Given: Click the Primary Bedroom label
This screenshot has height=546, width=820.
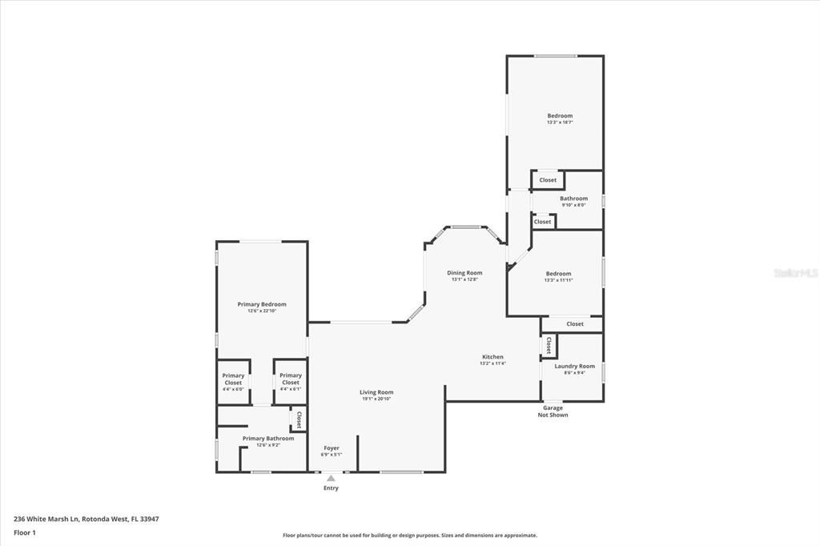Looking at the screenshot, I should pos(262,304).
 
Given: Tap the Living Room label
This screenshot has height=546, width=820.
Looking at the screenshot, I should pos(376,392).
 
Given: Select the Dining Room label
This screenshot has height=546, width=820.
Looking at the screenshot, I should pos(464,273).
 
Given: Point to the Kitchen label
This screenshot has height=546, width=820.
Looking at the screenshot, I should pos(492,356).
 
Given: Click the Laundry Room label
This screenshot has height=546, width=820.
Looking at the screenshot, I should pos(575,366).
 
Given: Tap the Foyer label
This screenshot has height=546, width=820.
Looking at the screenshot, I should pos(332,448).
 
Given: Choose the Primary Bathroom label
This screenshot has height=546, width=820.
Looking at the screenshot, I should pos(268,438).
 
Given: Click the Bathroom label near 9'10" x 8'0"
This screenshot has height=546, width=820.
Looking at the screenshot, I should pos(573,199).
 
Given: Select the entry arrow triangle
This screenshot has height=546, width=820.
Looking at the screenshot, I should pos(331,478).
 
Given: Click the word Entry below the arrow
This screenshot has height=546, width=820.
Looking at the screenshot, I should pos(331,488).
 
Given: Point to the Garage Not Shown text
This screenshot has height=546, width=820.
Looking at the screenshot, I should pos(553,412).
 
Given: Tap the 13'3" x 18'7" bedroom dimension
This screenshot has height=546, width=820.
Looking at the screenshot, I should pos(560,122).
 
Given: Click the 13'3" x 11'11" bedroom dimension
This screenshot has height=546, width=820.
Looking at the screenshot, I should pos(558,280).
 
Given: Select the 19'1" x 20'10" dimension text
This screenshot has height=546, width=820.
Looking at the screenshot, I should pos(376,399).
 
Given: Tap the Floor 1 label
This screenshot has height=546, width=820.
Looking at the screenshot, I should pos(25,532).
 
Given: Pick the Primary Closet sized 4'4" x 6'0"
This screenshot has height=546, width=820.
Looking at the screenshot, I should pos(233,379).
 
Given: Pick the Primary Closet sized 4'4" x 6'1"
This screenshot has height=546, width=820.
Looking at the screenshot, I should pos(291,379).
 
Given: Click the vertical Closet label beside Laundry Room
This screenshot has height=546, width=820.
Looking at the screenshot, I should pos(549,346).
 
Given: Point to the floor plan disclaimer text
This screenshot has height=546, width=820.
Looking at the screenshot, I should pos(409,536).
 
